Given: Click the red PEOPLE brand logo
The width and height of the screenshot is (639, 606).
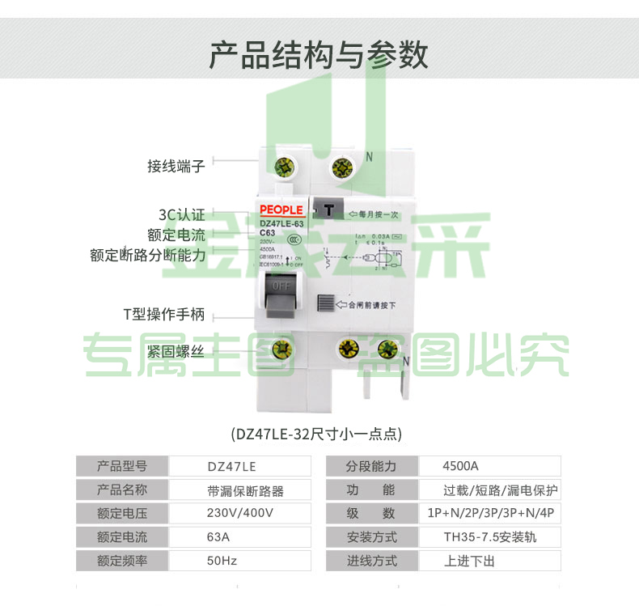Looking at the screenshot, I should click(281, 210).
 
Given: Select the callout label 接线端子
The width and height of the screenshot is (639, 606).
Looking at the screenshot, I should click(176, 166).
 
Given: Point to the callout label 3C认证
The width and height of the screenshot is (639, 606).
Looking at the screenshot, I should click(181, 215).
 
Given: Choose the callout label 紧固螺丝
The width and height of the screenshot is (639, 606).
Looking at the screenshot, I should click(176, 351).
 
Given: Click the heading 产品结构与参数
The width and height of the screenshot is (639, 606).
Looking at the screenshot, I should click(319, 55).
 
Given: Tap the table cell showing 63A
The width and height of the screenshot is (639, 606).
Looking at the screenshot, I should click(218, 536).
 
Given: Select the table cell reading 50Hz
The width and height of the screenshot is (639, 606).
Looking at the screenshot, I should click(222, 560).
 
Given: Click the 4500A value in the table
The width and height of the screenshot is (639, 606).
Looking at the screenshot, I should click(461, 466).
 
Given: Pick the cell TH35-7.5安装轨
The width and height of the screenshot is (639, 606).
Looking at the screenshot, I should click(489, 536).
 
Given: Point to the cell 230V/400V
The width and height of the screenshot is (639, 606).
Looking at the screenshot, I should click(239, 513).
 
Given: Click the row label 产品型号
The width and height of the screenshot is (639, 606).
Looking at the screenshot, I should click(121, 466).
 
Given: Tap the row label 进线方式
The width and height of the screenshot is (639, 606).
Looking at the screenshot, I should click(370, 560).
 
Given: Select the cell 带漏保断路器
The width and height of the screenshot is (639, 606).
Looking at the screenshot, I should click(245, 489).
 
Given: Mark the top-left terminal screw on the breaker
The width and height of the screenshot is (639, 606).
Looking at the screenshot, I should click(285, 167).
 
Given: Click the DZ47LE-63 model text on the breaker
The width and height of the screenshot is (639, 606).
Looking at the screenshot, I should click(281, 224).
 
